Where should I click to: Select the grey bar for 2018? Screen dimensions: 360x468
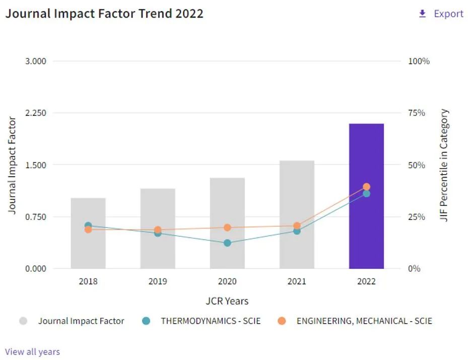[x=88, y=247]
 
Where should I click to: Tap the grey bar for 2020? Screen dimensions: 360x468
[x=227, y=211]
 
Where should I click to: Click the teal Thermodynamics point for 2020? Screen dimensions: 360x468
[x=227, y=243]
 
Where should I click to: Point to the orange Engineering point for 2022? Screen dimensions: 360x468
[x=366, y=187]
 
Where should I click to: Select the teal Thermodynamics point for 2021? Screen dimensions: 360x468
[x=297, y=231]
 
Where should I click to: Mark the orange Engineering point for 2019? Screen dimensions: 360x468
[x=158, y=230]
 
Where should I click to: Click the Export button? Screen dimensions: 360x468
[x=441, y=14]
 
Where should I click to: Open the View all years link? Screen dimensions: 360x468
[x=32, y=351]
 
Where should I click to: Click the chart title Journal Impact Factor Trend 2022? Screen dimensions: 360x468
[x=104, y=14]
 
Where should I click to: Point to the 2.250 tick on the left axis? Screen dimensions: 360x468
[x=35, y=113]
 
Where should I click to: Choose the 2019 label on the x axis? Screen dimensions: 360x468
[x=158, y=281]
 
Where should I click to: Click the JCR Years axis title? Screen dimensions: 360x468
[x=227, y=301]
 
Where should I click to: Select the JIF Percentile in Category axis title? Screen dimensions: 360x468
[x=444, y=165]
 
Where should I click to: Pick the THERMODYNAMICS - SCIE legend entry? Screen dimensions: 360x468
[x=211, y=321]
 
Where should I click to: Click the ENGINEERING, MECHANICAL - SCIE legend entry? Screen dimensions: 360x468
[x=364, y=321]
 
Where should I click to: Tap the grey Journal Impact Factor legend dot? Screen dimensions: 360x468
[x=23, y=321]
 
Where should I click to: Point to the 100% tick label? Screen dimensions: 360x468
[x=419, y=61]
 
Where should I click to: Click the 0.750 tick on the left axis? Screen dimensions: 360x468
[x=35, y=217]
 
